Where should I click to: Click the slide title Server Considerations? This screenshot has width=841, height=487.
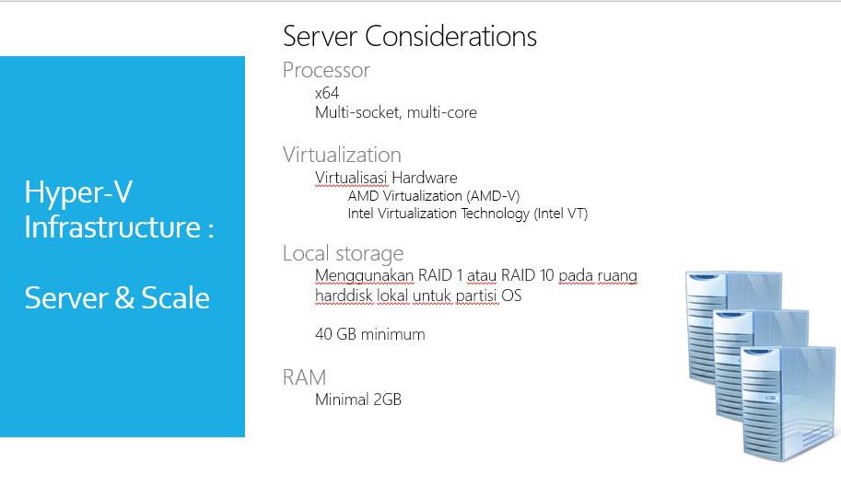tap(410, 37)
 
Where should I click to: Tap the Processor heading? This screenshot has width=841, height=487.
tap(326, 70)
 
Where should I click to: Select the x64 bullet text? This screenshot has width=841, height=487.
tap(327, 93)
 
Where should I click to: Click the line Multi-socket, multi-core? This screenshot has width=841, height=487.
tap(396, 112)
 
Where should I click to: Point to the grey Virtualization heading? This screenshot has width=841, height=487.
tap(342, 155)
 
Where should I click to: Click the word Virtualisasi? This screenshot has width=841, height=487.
tap(351, 178)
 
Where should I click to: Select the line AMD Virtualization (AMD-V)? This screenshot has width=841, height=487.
tap(434, 196)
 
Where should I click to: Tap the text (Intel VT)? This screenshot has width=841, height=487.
tap(561, 214)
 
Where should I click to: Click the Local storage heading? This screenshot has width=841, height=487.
tap(344, 253)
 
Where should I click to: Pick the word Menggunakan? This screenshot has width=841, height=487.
tap(364, 276)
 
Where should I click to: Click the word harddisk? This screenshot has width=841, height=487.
tap(344, 296)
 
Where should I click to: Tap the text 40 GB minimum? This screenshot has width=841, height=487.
tap(370, 334)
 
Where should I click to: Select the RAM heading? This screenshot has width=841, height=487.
tap(304, 377)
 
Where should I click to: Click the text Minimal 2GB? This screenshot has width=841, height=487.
tap(358, 400)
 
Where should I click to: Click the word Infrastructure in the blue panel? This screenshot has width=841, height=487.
tap(112, 227)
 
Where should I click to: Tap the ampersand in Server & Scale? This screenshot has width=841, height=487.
tap(124, 298)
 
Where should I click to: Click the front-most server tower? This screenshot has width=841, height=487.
tap(788, 403)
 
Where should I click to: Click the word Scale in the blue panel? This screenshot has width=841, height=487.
tap(175, 298)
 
